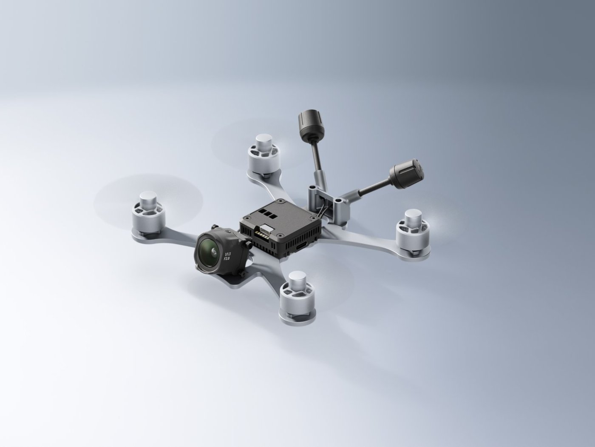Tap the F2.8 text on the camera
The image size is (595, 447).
[x=227, y=258]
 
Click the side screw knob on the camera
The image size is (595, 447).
[x=246, y=244]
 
